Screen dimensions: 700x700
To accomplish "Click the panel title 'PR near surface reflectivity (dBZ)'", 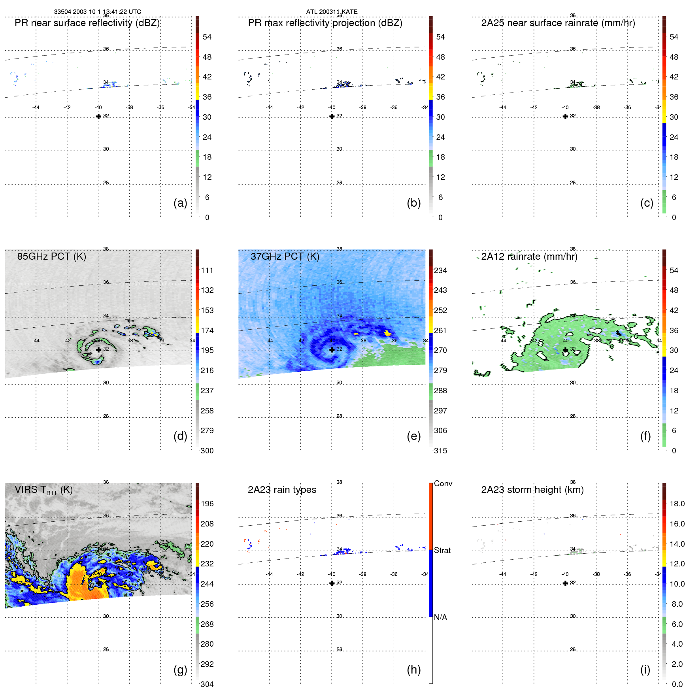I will click(87, 23).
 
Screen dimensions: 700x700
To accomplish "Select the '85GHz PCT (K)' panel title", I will click(51, 257).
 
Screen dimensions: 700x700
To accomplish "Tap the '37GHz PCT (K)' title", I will click(285, 257).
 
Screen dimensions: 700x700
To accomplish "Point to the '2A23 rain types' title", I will click(282, 490).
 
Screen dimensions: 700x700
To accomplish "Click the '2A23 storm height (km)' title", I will click(532, 490).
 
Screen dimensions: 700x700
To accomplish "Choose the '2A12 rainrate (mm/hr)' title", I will click(529, 257).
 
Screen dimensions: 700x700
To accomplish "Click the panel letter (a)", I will click(180, 203).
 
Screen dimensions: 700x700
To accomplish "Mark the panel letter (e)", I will click(413, 436).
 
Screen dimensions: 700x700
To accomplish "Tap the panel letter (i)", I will click(645, 670).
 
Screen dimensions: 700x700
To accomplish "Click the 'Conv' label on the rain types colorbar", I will click(443, 483).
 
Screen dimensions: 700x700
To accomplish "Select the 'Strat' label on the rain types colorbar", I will click(442, 550).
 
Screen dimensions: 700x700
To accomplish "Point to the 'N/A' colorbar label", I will click(440, 617).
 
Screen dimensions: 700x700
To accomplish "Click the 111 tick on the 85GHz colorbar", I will click(207, 270).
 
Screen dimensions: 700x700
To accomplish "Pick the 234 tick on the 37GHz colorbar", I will click(440, 270).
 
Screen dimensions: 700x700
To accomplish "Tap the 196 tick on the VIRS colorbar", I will click(207, 504).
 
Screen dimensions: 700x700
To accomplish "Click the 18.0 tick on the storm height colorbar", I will click(677, 504).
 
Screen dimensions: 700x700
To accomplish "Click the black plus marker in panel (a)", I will click(98, 117).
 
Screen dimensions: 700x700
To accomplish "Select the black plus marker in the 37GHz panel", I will click(332, 350).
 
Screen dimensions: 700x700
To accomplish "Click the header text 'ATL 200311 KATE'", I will click(332, 12).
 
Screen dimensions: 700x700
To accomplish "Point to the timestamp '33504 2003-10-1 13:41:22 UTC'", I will click(98, 12).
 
